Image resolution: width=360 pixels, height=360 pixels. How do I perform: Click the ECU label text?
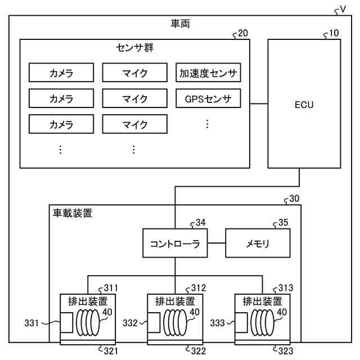coord(304,105)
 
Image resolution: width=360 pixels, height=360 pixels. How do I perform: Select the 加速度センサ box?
coord(208,73)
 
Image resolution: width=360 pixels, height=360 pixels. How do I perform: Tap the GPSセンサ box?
coord(208,98)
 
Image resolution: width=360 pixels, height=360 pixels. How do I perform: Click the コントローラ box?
coord(175,243)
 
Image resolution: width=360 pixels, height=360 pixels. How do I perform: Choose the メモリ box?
coord(258,243)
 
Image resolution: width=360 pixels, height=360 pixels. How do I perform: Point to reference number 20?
coord(243,33)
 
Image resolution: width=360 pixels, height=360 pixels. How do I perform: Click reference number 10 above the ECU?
coord(334,33)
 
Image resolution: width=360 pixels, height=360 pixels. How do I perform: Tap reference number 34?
coord(200,223)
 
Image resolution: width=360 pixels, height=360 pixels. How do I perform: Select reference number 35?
coord(283,223)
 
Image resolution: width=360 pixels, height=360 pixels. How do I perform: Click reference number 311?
coord(111,288)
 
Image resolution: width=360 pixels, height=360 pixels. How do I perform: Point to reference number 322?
coord(199,351)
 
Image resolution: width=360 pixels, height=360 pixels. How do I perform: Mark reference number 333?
coord(218,323)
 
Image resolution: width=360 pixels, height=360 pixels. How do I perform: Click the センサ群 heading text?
coord(135,48)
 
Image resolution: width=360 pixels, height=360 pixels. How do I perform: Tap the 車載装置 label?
coord(73,213)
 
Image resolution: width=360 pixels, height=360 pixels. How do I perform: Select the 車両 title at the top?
coord(180,24)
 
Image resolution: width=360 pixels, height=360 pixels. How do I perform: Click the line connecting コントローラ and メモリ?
coord(217,243)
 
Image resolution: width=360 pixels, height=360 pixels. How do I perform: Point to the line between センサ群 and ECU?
coord(259,103)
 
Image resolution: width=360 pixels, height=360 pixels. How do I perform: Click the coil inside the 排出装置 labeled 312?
coord(175,322)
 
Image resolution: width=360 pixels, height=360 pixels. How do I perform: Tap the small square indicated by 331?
coord(66,322)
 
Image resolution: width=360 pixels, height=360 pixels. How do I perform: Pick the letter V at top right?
coord(343,9)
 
